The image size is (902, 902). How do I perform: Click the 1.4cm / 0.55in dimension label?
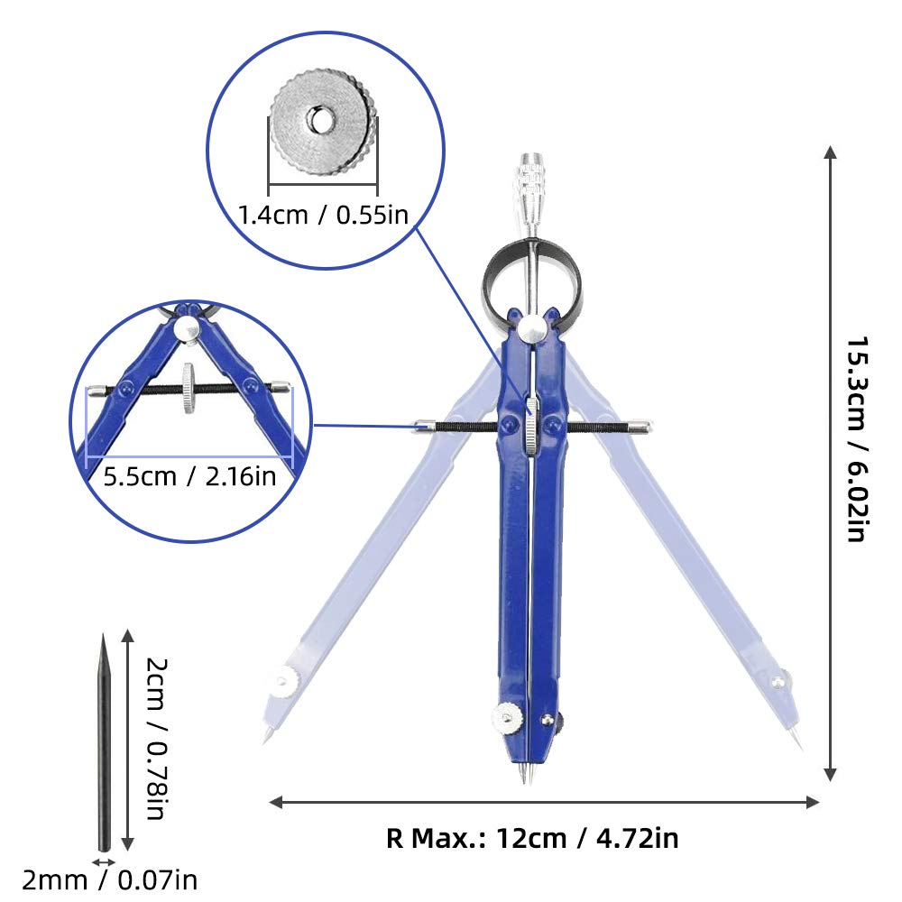pos(323,216)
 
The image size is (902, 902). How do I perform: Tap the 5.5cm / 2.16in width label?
pos(189,476)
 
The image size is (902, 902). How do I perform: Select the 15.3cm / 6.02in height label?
pos(857,439)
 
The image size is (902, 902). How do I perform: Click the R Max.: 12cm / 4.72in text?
pos(532,838)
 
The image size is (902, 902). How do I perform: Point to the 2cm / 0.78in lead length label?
pos(156,739)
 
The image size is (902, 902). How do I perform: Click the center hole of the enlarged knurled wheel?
pos(318,119)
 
